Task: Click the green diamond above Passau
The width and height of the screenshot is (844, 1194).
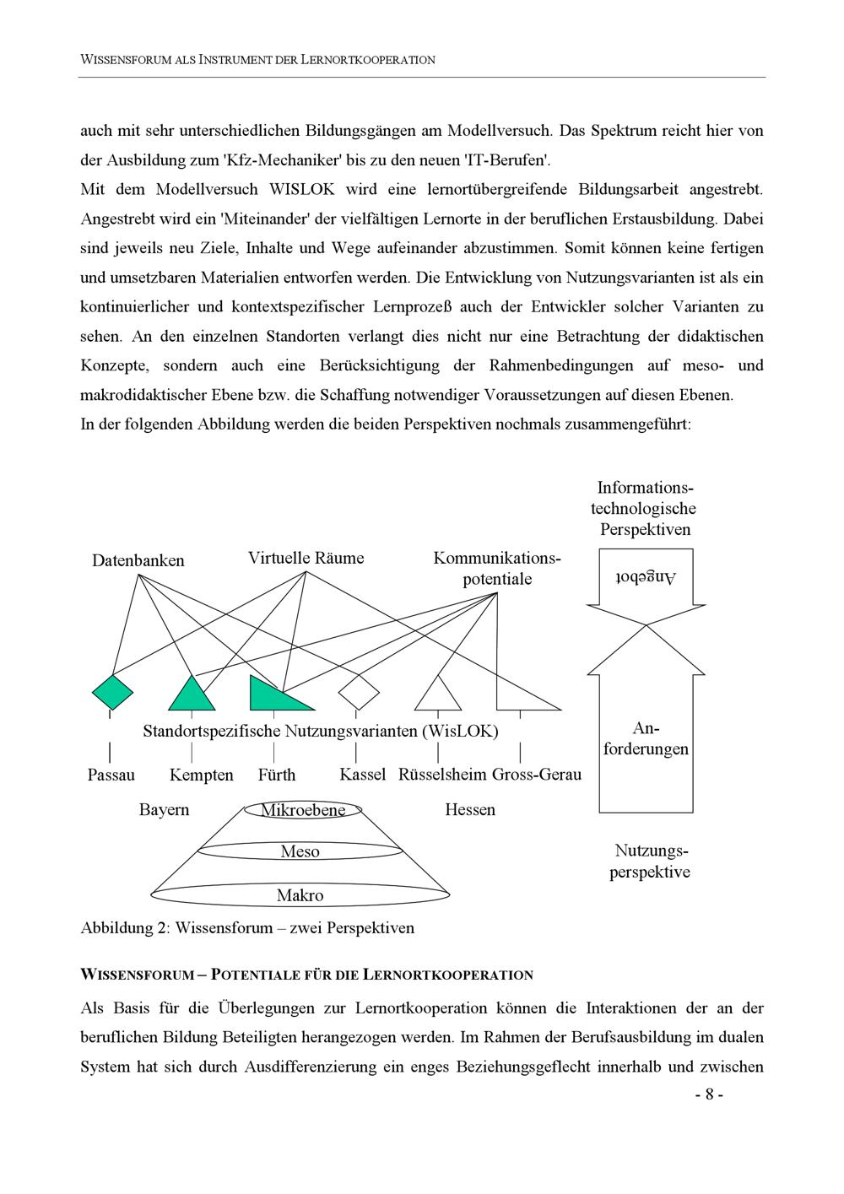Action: tap(111, 692)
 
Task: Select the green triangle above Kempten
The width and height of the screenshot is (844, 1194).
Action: tap(192, 697)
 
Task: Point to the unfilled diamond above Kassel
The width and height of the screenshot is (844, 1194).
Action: tap(359, 692)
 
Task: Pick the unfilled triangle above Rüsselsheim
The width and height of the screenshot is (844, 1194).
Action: tap(438, 697)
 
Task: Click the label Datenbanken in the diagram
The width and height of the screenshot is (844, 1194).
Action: tap(138, 560)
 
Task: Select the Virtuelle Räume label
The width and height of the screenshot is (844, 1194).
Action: tap(306, 558)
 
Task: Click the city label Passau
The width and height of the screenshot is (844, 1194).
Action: tap(111, 775)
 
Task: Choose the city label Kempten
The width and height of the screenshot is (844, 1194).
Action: tap(201, 775)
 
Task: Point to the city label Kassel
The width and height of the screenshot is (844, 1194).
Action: tap(362, 774)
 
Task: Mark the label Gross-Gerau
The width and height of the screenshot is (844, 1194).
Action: tap(537, 774)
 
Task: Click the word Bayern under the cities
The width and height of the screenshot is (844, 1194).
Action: tap(164, 810)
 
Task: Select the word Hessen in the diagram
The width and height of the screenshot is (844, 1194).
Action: tap(470, 810)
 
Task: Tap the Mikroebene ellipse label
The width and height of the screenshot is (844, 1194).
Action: tap(303, 811)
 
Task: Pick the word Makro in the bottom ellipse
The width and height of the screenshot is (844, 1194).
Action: tap(300, 895)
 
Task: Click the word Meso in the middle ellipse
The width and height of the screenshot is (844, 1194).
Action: tap(300, 851)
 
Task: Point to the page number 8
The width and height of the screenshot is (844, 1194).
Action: tap(709, 1094)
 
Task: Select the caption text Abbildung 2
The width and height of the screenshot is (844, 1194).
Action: tap(122, 928)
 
